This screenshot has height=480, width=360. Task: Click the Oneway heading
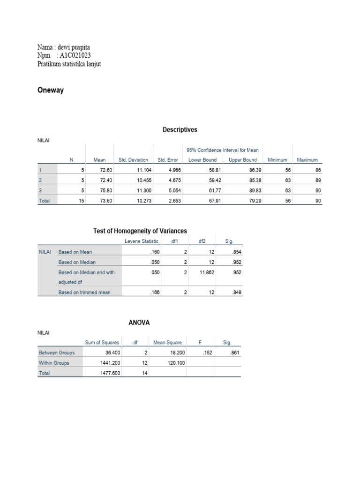(x=50, y=90)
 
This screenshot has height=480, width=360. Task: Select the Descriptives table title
(x=180, y=130)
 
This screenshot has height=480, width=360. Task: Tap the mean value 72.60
(x=100, y=170)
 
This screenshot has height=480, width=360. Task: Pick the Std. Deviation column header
(x=133, y=160)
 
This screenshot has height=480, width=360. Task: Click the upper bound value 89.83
(x=249, y=190)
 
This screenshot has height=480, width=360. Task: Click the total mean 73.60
(x=100, y=201)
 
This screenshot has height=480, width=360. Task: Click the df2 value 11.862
(x=205, y=272)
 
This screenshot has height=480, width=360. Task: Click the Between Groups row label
(x=57, y=352)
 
